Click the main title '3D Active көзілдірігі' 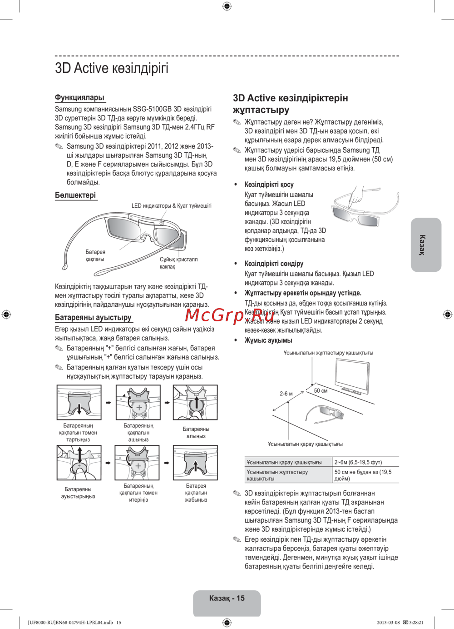[x=112, y=68]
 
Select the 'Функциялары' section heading [x=79, y=97]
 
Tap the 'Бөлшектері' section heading [x=75, y=195]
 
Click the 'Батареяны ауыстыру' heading [x=93, y=317]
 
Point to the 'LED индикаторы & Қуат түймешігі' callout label [x=171, y=206]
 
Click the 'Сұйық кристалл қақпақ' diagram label [x=178, y=263]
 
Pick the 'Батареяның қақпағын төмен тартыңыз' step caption [x=78, y=433]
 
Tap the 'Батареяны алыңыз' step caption [x=196, y=432]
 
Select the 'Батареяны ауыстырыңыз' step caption [x=78, y=493]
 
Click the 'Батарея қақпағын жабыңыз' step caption [x=196, y=493]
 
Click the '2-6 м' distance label [x=286, y=394]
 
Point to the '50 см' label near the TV [x=321, y=391]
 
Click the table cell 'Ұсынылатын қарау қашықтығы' [x=284, y=462]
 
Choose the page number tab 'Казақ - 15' [x=227, y=599]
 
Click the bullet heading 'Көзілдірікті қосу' [x=269, y=185]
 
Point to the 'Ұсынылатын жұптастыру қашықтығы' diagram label [x=328, y=353]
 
